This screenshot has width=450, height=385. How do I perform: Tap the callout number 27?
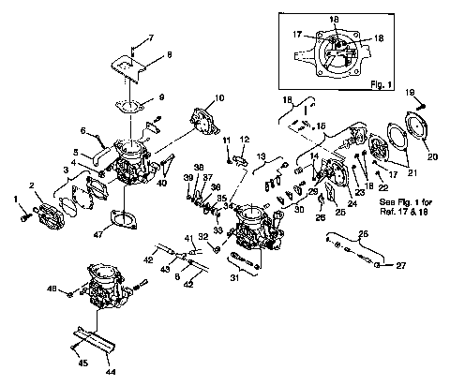click(x=399, y=266)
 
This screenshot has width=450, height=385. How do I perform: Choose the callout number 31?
click(x=235, y=275)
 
